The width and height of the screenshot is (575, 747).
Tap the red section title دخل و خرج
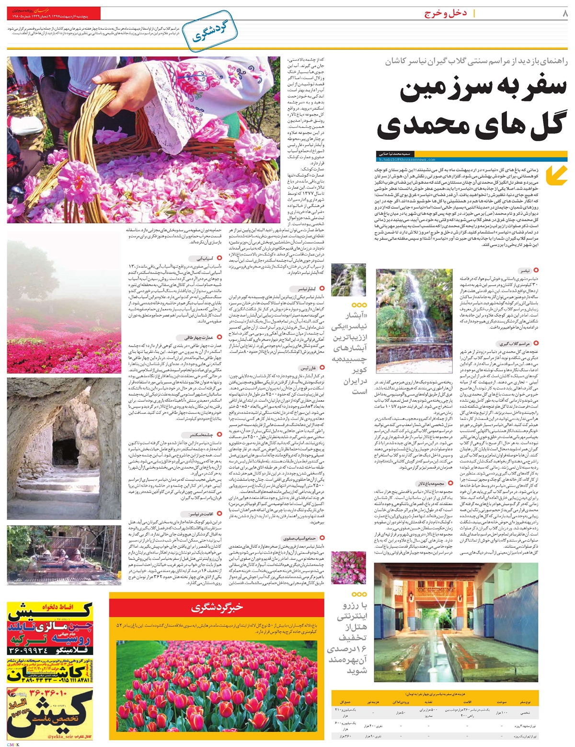tap(445, 14)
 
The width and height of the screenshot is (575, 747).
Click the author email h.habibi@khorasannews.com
tap(407, 159)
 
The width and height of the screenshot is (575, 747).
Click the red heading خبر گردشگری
tap(217, 608)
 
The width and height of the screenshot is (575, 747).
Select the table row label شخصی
tap(529, 713)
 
